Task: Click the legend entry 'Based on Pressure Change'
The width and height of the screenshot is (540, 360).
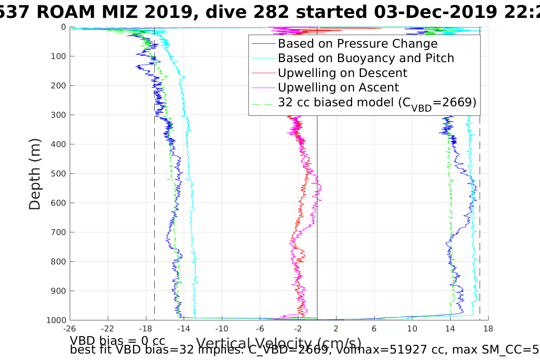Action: [357, 44]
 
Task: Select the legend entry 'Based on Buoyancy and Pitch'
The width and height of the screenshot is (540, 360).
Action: [366, 58]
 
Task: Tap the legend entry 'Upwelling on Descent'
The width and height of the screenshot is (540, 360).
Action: [342, 73]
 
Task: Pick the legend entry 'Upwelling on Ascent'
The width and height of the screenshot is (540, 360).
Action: [338, 88]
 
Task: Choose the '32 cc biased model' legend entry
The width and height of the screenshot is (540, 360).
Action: [377, 102]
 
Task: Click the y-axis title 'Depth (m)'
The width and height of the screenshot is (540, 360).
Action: [35, 174]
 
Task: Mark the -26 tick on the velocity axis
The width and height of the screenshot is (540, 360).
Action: [70, 329]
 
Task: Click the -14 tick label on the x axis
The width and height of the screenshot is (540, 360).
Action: [184, 329]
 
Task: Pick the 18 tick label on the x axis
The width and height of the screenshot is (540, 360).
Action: [488, 329]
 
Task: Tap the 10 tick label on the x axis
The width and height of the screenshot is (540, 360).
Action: [412, 329]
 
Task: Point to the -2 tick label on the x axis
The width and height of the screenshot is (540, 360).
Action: [298, 329]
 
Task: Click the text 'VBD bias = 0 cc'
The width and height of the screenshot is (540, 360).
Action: [117, 341]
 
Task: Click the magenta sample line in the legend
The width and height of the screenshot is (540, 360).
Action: [263, 88]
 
